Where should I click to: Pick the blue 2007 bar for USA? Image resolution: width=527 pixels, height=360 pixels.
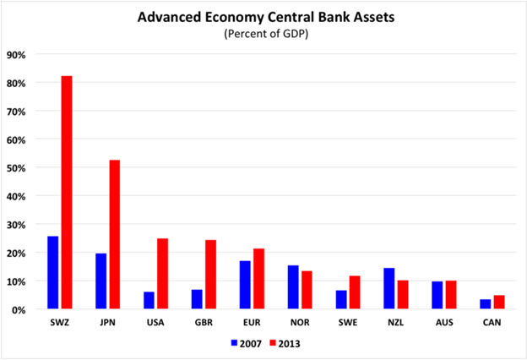tap(149, 300)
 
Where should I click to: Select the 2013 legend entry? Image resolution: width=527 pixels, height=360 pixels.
tap(286, 344)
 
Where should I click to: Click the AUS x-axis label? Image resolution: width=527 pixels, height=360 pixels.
tap(443, 322)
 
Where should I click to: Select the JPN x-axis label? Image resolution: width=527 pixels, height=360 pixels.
tap(107, 322)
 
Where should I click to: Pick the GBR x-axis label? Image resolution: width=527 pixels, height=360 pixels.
tap(204, 322)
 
